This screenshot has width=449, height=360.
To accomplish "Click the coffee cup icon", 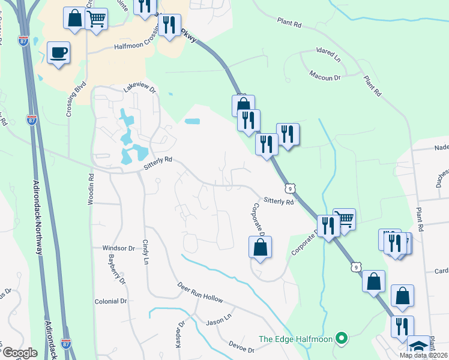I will (x=58, y=53).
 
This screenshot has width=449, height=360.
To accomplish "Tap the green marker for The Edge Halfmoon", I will (x=342, y=339).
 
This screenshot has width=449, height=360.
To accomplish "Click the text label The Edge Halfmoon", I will (x=295, y=339).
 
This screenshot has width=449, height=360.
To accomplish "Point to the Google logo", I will (x=20, y=353).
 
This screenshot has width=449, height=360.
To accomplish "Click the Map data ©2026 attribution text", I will (x=423, y=355).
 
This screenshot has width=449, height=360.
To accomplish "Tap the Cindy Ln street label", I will (x=145, y=252).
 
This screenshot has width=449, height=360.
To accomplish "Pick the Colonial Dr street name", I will (x=111, y=301).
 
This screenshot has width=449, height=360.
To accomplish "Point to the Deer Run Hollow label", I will (x=200, y=292).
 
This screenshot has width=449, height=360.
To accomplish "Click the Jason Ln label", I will (x=218, y=320).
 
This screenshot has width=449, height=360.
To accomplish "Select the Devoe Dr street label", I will (x=243, y=346).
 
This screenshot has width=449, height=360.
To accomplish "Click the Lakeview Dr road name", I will (x=139, y=89).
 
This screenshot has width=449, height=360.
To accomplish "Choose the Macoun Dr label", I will (x=325, y=77).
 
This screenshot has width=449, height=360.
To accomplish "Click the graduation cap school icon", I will (x=418, y=347).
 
